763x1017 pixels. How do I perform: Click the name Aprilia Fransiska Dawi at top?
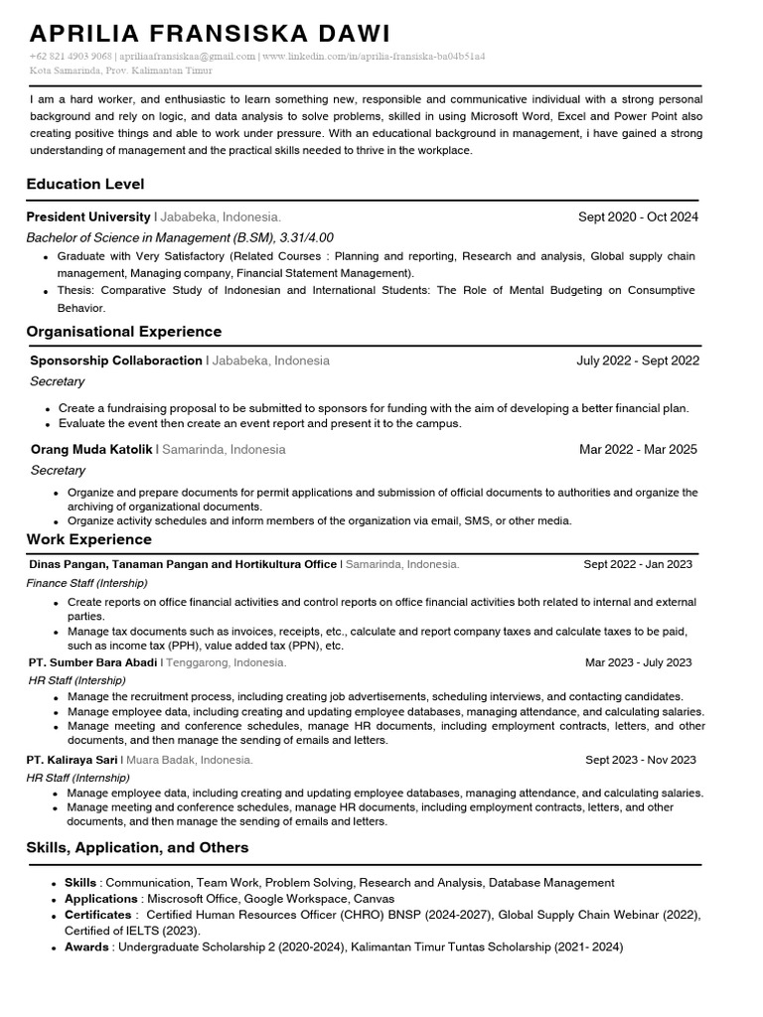210,33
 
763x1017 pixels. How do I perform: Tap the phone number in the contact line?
72,57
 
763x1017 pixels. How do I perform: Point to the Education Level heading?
85,184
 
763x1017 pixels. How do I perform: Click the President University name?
88,217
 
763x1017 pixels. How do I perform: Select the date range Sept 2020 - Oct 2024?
638,217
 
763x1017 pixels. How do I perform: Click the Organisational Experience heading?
124,331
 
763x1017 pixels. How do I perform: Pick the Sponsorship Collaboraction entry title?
116,361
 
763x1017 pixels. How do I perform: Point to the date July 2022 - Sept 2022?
638,361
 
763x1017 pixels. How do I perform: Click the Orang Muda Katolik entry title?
91,449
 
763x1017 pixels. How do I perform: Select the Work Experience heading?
89,539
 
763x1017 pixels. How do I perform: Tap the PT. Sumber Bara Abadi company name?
93,662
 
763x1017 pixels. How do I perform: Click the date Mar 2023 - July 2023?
638,662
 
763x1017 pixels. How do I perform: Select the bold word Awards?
86,946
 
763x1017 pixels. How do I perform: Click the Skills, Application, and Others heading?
137,847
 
